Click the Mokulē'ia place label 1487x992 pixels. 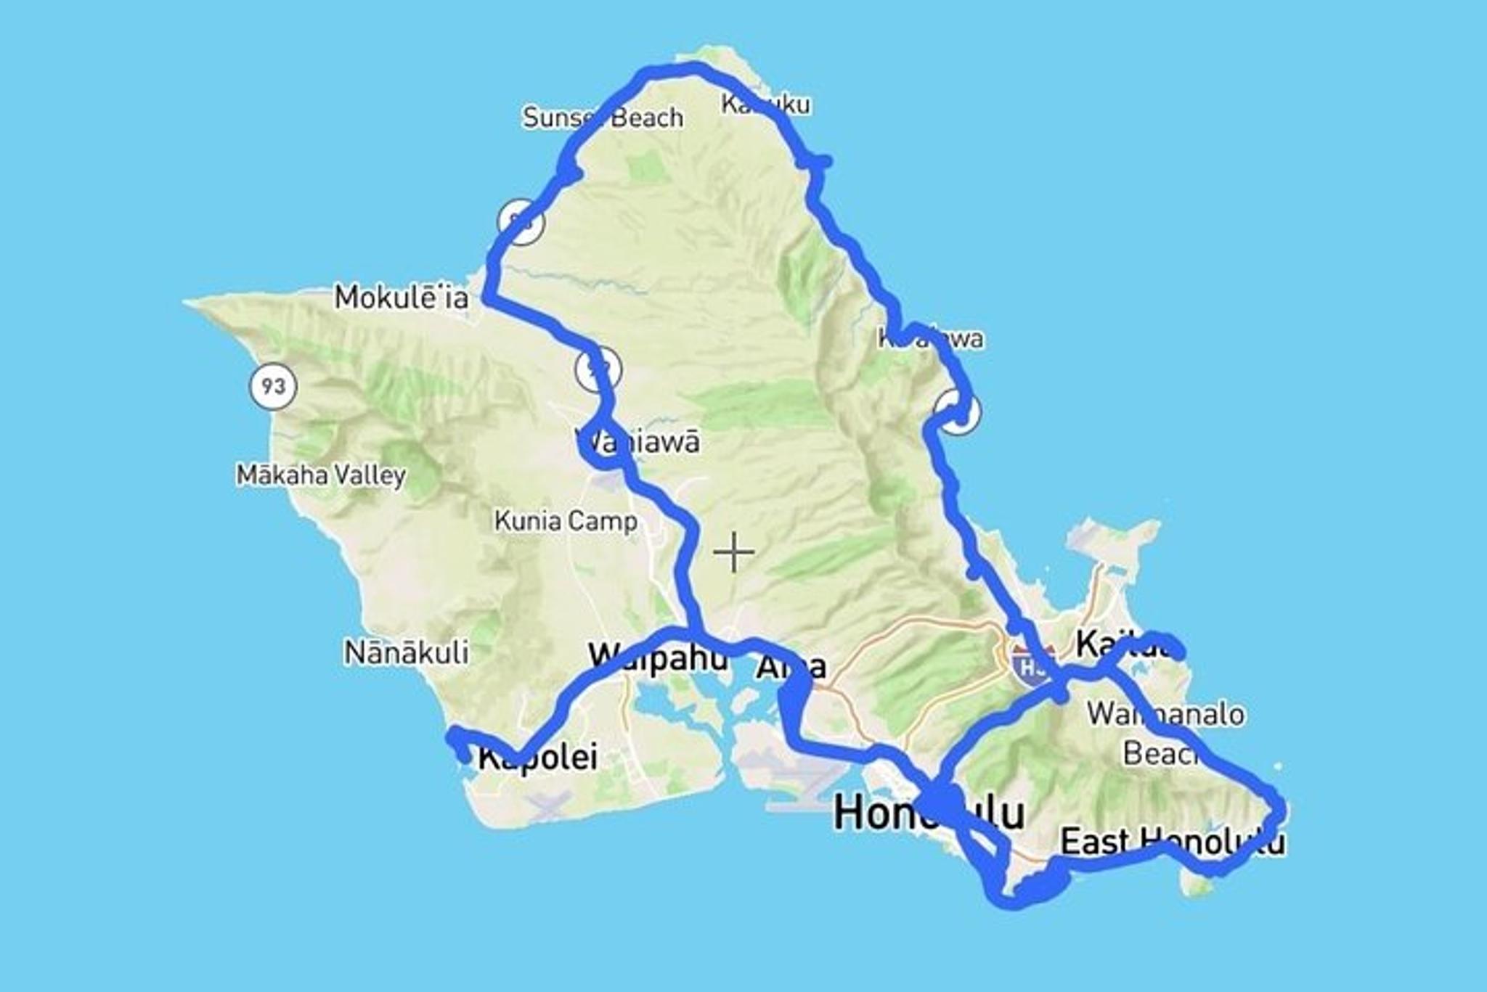[402, 298]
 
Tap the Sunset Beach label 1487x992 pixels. [603, 117]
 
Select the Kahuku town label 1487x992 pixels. [765, 104]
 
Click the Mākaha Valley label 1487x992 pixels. [321, 475]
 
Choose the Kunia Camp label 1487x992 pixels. [566, 520]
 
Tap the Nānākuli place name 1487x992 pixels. [406, 652]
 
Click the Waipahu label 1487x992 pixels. [658, 657]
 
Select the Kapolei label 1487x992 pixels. [538, 757]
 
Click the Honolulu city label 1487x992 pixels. [929, 813]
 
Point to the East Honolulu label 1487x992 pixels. [1172, 842]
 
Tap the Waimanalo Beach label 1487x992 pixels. [1165, 733]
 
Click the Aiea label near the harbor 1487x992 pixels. [791, 666]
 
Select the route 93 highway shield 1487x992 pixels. [273, 385]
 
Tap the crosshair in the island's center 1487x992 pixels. [733, 552]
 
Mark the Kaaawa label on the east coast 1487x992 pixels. [931, 338]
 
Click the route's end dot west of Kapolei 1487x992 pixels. [464, 758]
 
